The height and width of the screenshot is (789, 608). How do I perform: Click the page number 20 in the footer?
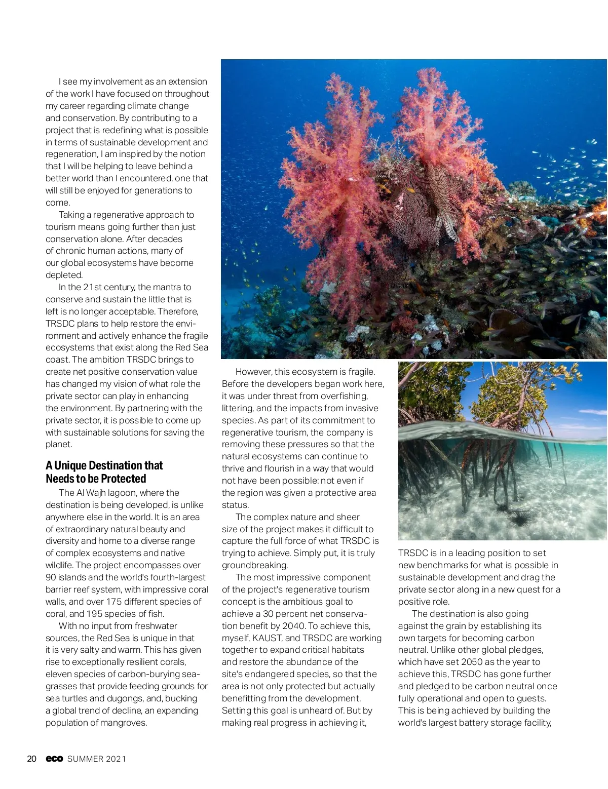[31, 759]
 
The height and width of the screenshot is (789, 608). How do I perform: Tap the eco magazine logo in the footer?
[54, 759]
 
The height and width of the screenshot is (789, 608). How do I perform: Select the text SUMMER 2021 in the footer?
[97, 759]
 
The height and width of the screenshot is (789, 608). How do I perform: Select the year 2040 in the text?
[294, 626]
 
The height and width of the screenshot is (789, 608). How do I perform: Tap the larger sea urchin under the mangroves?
[522, 519]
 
